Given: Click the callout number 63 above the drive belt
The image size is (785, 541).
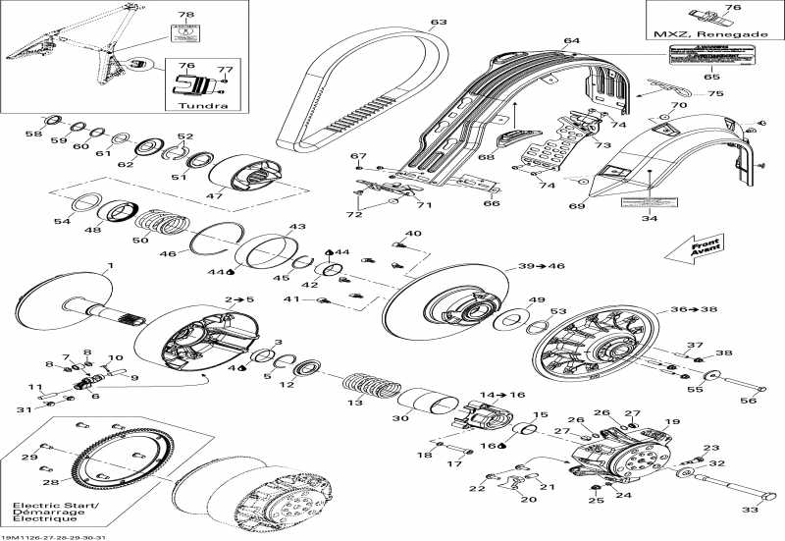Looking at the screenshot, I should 438,22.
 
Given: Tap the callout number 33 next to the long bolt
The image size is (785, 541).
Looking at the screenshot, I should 749,510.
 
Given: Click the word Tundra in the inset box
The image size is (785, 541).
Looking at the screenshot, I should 197,106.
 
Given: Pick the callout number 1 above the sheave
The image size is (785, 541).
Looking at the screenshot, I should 110,266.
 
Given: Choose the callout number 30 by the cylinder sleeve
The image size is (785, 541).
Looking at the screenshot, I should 400,418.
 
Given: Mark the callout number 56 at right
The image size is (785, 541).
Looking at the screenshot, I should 747,400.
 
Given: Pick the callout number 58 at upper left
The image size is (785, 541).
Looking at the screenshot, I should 33,134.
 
